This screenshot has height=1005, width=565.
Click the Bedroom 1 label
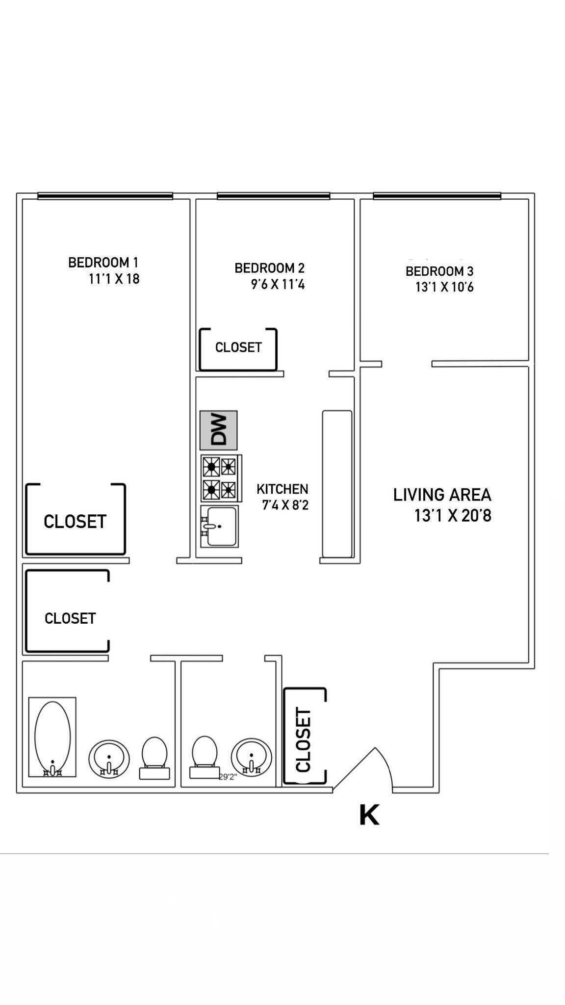point(103,263)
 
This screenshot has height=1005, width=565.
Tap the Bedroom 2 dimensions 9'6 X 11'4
point(278,284)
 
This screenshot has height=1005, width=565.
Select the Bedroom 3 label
point(439,271)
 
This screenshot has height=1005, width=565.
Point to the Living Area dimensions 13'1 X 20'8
point(452,516)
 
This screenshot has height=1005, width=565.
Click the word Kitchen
point(282,489)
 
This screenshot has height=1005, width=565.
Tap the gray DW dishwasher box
point(218,430)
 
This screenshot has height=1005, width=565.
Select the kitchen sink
point(219,527)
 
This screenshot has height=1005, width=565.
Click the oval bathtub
point(52,737)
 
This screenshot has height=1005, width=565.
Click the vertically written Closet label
point(304,740)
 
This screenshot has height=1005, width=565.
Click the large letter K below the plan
point(369,815)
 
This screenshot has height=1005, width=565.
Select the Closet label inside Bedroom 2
point(238,347)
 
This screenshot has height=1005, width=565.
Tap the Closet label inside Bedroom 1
point(75,521)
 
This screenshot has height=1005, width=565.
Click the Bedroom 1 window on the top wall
point(105,196)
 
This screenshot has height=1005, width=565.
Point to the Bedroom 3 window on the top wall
point(437,196)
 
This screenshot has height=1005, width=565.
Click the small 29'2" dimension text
point(228,777)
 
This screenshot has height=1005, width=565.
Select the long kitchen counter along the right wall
point(337,484)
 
